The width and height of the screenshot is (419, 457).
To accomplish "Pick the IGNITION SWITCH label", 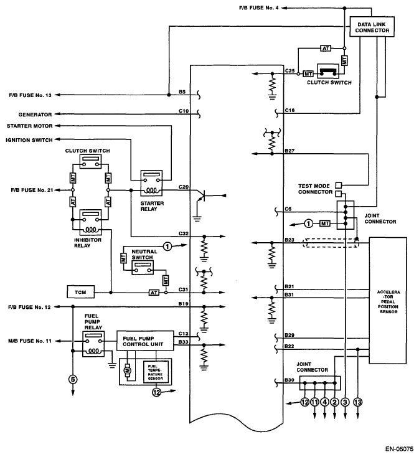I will (29, 140).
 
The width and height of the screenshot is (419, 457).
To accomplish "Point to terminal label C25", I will (290, 72).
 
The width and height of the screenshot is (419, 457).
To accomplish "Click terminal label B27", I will (290, 151).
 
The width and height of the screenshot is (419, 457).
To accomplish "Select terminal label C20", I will (183, 186).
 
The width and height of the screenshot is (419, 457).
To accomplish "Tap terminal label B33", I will (183, 342).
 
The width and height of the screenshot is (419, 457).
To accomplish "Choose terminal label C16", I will (290, 110).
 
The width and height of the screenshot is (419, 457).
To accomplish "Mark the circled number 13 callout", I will (357, 403).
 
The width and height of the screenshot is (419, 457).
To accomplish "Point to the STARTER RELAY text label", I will (153, 205).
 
